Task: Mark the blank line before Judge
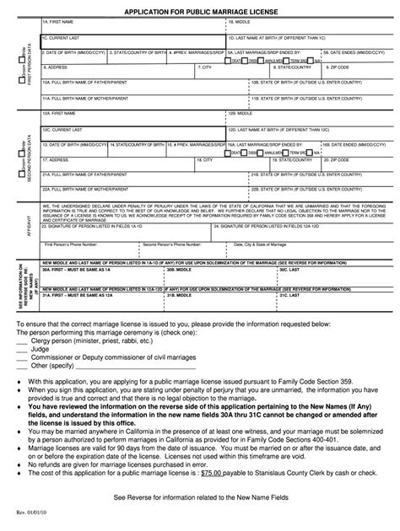point(16,348)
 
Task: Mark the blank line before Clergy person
point(16,340)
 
